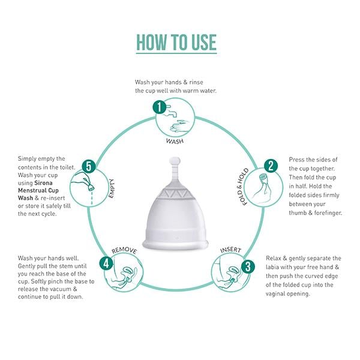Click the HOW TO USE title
coord(176,43)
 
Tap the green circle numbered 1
coord(160,107)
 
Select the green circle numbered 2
coord(271,166)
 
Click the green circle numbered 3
coord(246,266)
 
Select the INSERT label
coord(230,249)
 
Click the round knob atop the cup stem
coord(176,161)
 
